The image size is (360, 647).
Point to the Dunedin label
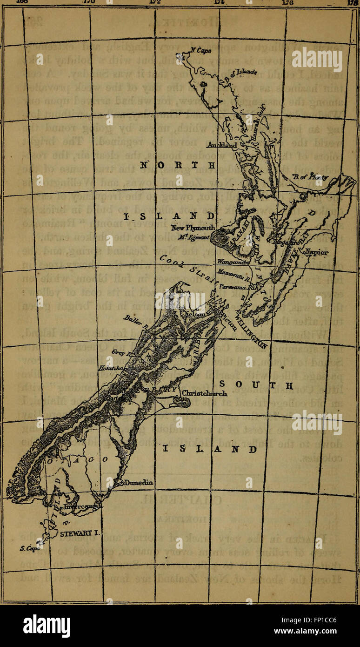[139, 483]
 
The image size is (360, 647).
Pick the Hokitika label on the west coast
[118, 367]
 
